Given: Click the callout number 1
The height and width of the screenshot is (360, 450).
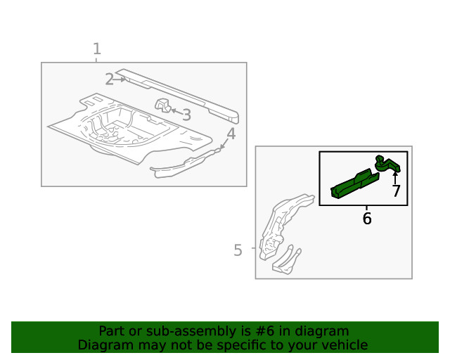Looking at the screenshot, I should click(97, 49).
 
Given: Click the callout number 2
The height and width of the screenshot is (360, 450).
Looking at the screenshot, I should click(109, 79).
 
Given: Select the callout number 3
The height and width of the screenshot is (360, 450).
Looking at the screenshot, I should click(186, 115).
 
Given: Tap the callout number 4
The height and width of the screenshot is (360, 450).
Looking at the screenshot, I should click(231, 134).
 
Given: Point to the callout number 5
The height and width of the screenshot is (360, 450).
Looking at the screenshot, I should click(238, 250).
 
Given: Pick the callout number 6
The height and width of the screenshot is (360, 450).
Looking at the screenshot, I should click(367, 219).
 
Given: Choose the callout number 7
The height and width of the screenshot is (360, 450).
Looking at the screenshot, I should click(396, 191).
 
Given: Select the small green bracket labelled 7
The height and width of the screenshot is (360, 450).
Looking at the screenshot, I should click(387, 164).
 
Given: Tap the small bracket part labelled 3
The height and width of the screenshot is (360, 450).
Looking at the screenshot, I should click(162, 106).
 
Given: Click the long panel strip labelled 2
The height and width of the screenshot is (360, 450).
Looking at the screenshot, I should click(179, 92).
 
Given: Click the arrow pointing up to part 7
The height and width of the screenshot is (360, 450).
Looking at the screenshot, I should click(395, 176).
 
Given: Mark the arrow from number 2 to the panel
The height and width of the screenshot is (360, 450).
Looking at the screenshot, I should click(122, 79).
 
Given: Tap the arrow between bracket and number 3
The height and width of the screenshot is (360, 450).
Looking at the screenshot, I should click(175, 111).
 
